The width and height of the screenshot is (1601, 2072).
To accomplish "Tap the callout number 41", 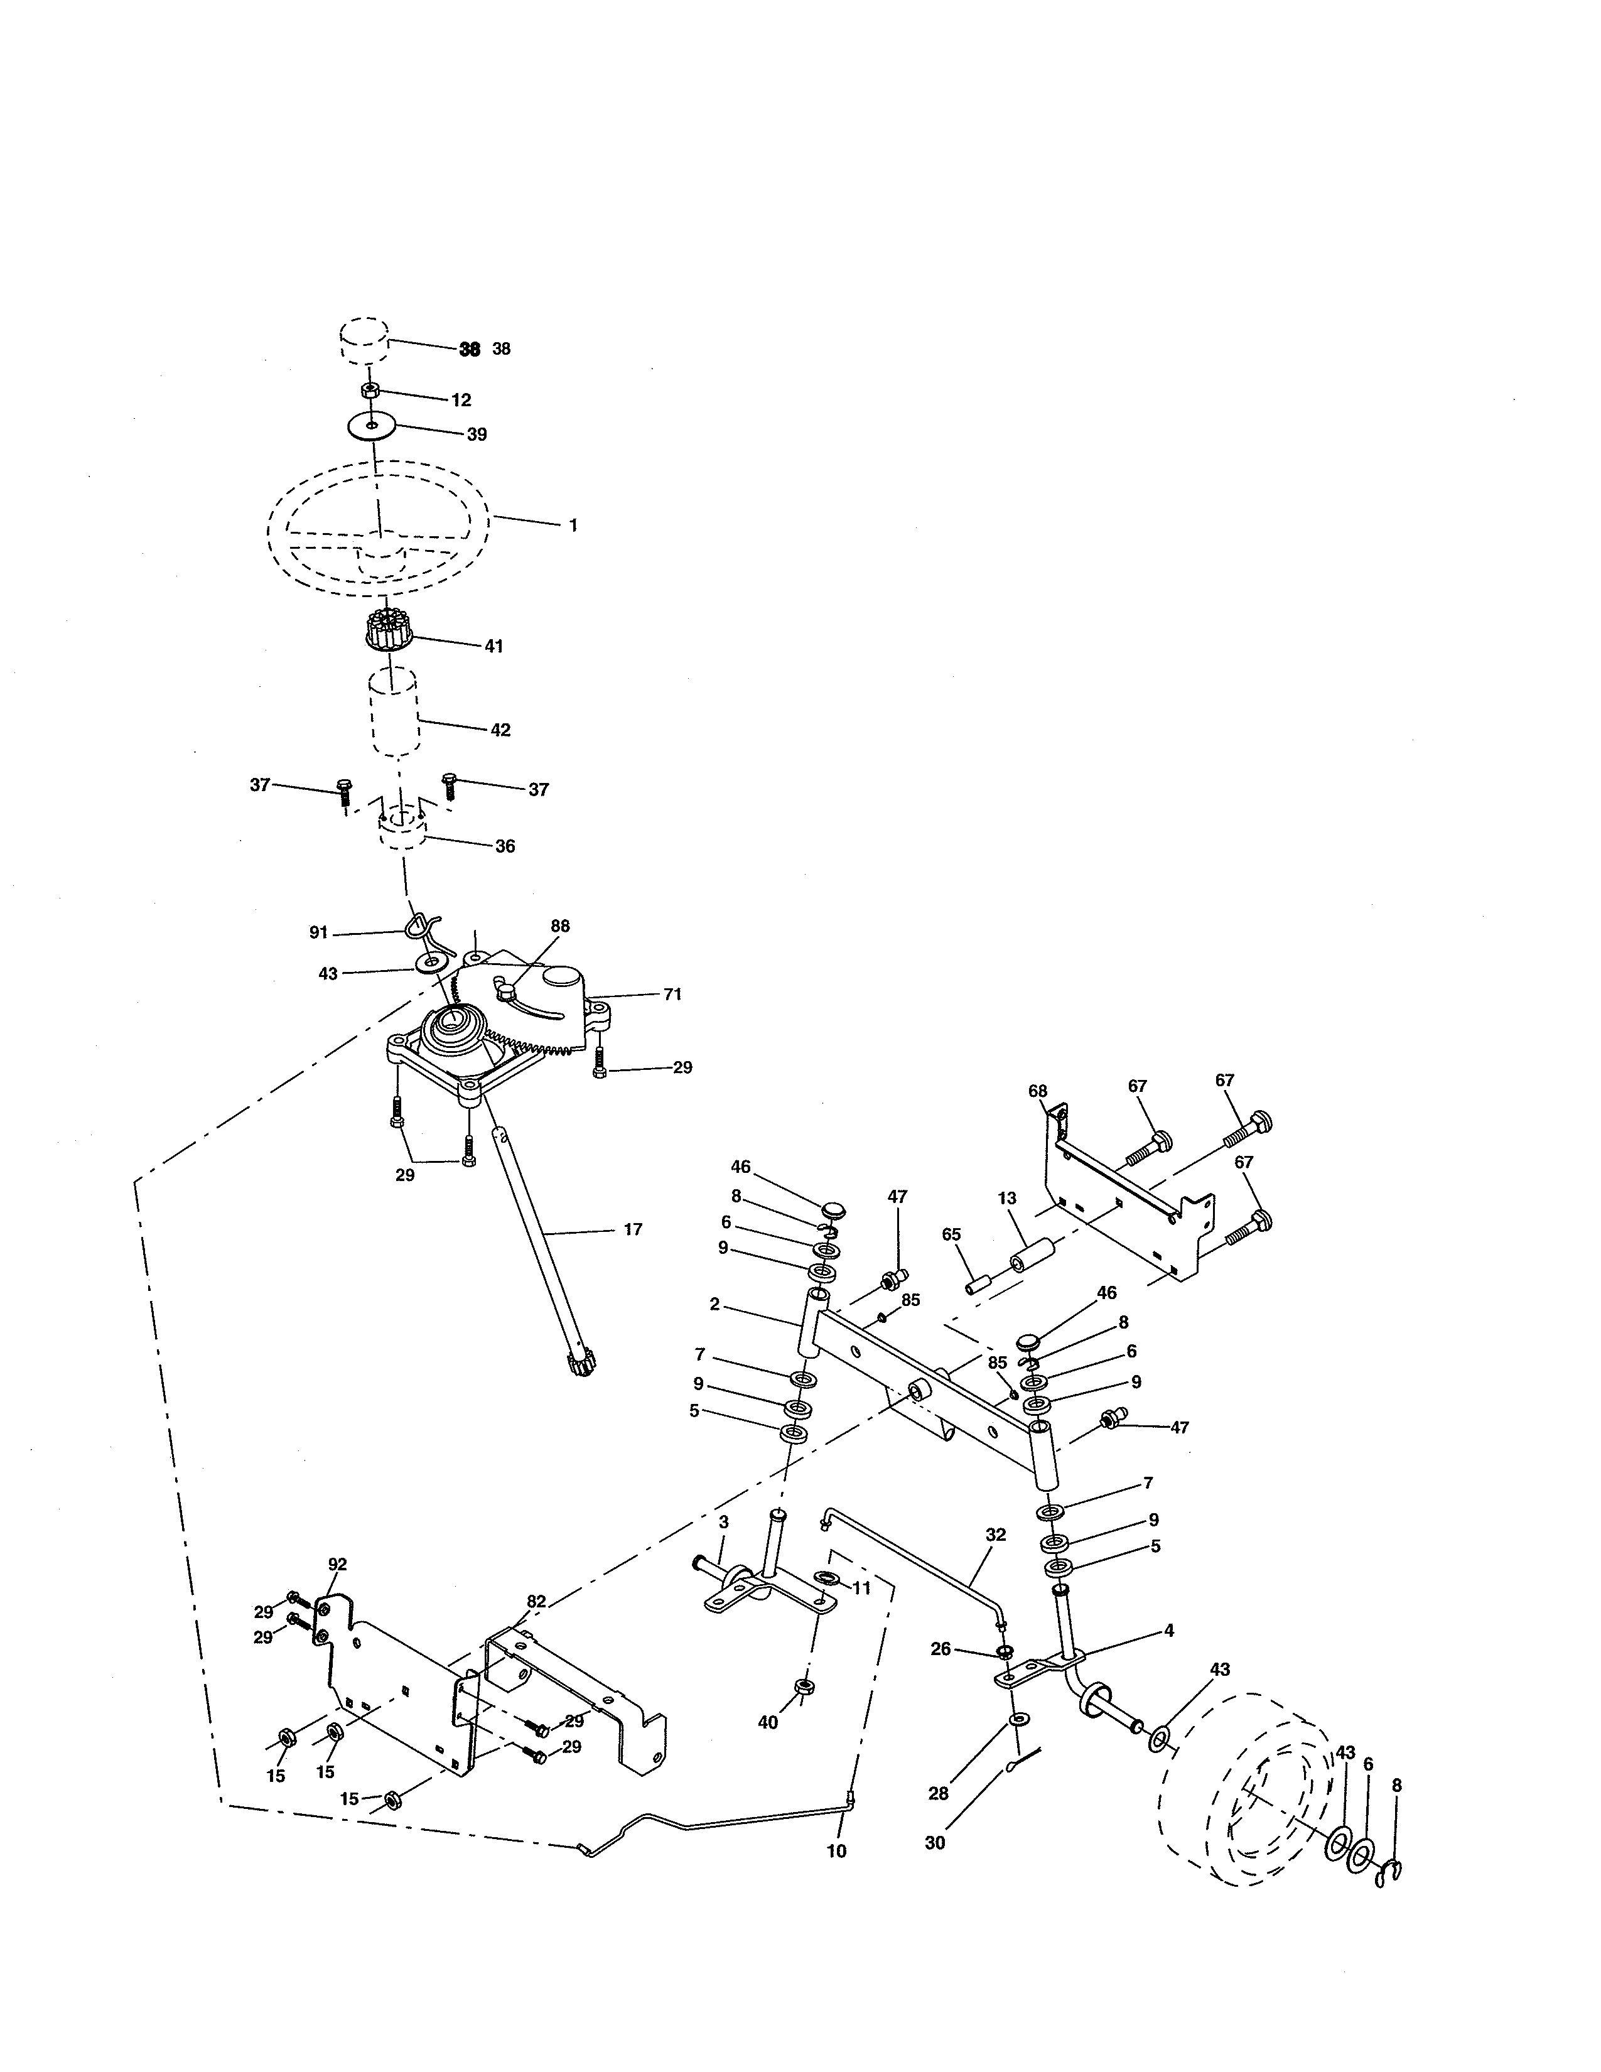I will [493, 646].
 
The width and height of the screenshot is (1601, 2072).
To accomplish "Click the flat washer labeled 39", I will [371, 426].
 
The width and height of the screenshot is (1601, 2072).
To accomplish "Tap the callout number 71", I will [672, 995].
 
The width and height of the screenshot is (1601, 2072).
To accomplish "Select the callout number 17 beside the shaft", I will [633, 1229].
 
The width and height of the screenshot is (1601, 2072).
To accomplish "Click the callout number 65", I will [951, 1234].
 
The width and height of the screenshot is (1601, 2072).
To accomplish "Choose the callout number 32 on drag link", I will [995, 1534].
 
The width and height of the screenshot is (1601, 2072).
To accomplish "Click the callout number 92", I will [338, 1563].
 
